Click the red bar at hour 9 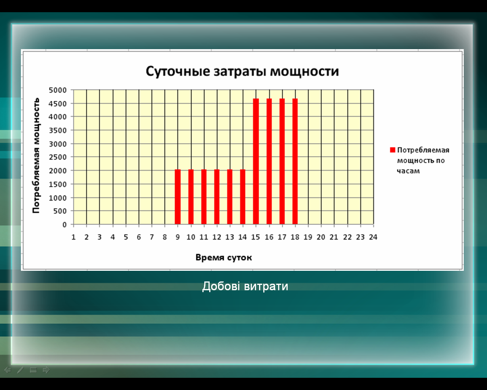[178, 197]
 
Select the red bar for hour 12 [217, 197]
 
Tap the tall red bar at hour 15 [256, 161]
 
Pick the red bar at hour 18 [295, 161]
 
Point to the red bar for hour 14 [243, 197]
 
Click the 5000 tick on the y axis [58, 90]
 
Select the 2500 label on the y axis [58, 157]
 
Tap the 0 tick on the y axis [65, 225]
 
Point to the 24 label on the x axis [373, 237]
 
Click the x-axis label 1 [73, 237]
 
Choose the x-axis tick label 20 [321, 237]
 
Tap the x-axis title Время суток [224, 257]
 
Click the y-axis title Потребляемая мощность [36, 155]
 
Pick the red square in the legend [393, 150]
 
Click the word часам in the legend [408, 171]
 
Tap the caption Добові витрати [245, 286]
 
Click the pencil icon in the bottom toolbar [21, 370]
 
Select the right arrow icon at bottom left [46, 370]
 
